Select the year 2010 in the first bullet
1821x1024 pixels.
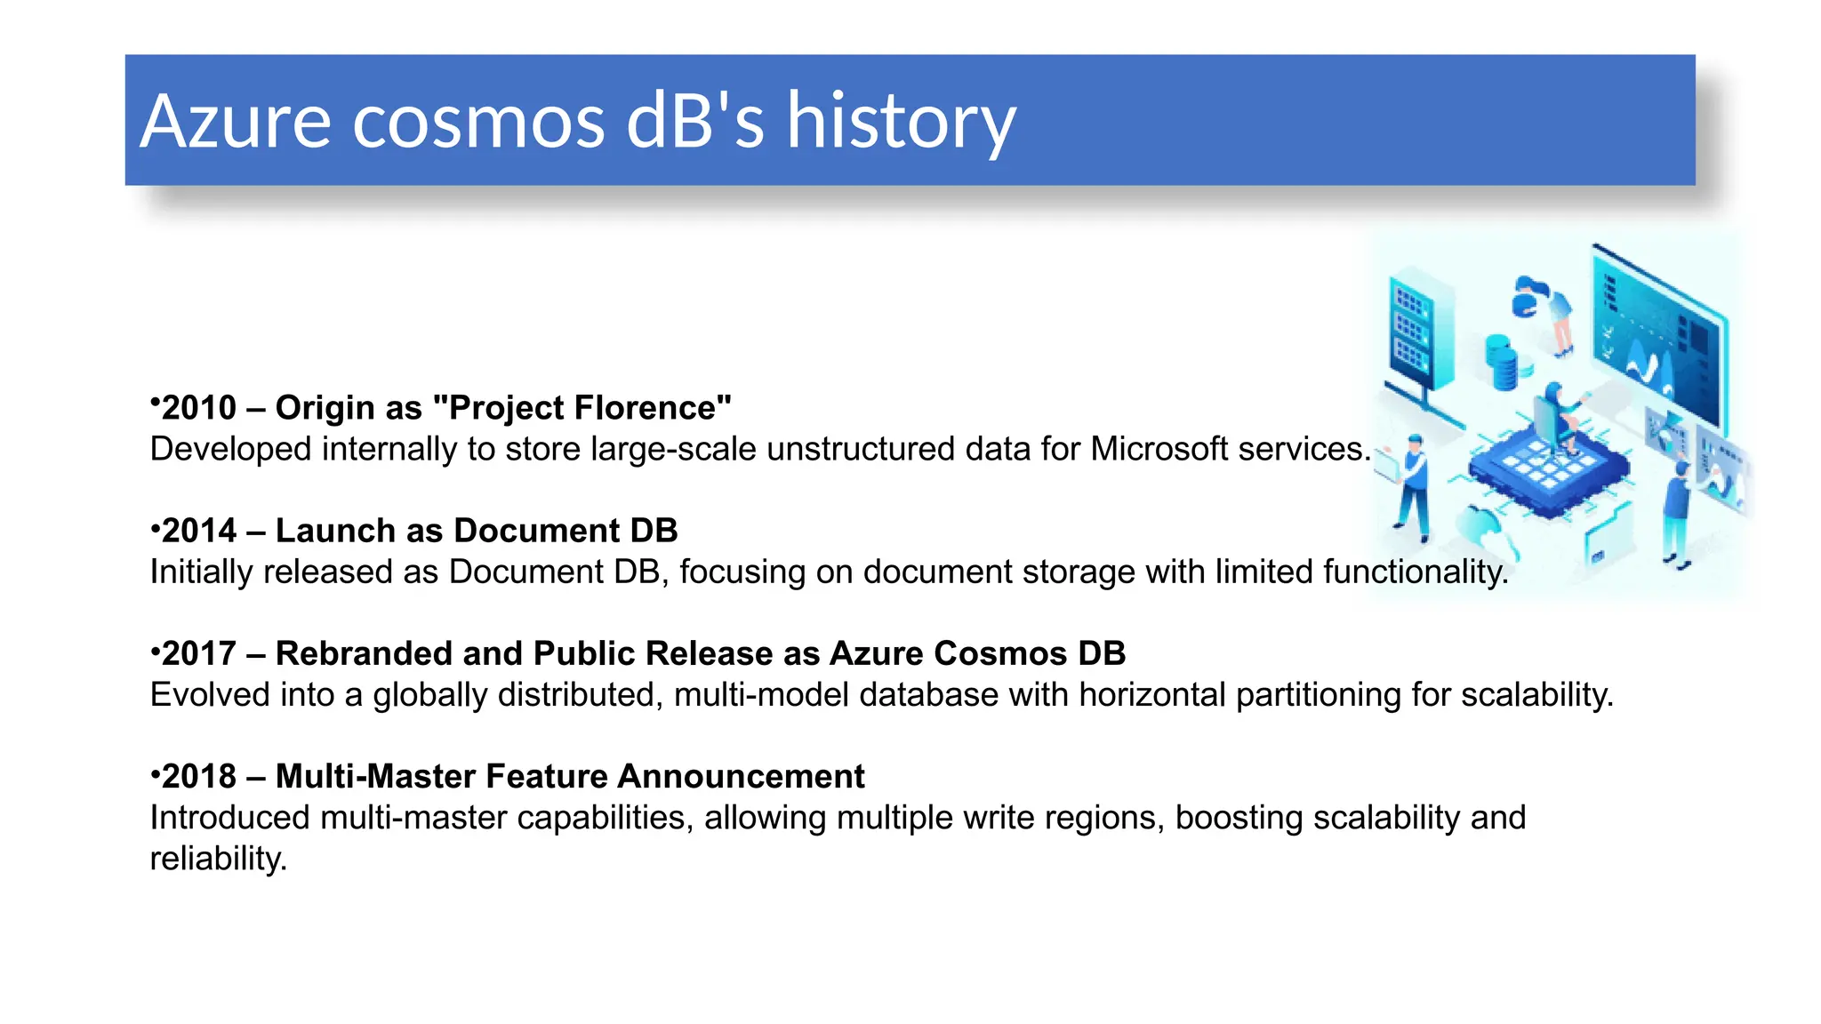199,408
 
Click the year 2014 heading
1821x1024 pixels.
199,531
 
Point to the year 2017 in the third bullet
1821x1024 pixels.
199,653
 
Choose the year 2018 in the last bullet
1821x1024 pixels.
199,776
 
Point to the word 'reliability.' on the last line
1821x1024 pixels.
219,859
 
